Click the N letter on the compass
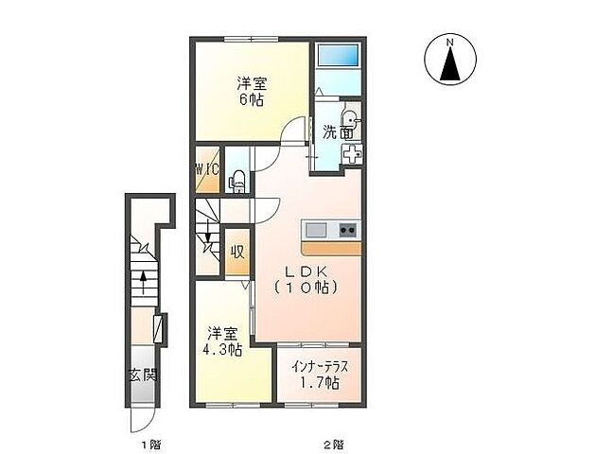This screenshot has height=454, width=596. [451, 42]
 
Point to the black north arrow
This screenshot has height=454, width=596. [451, 64]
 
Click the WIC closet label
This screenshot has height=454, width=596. [207, 170]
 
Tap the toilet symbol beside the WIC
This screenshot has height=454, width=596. [238, 176]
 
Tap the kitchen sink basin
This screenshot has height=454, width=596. [314, 230]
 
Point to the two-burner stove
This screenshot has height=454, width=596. [346, 230]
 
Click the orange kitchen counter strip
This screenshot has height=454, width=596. [330, 248]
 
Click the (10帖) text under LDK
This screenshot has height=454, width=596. [306, 286]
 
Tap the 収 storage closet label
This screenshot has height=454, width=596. [237, 253]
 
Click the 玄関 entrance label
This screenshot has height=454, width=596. [143, 375]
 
